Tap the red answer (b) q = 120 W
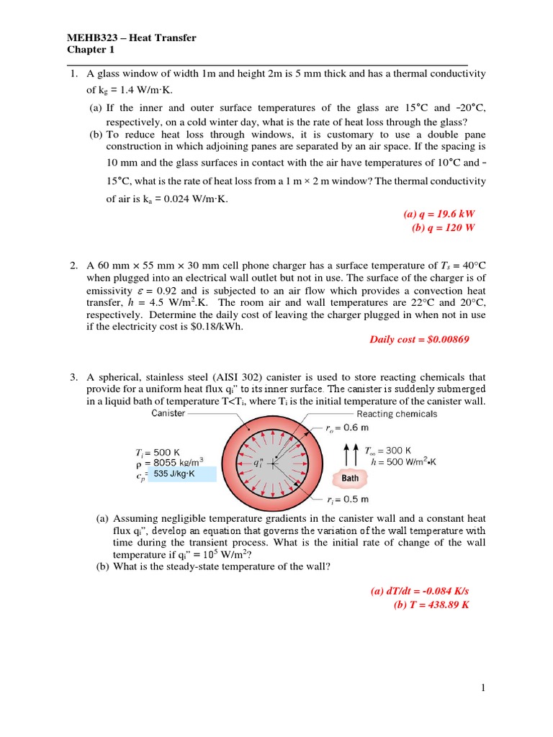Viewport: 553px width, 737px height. point(444,227)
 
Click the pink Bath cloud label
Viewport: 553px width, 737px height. point(346,478)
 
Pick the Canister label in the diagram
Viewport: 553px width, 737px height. point(168,413)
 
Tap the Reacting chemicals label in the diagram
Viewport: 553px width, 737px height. point(397,414)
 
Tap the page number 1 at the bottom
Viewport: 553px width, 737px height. point(485,688)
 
